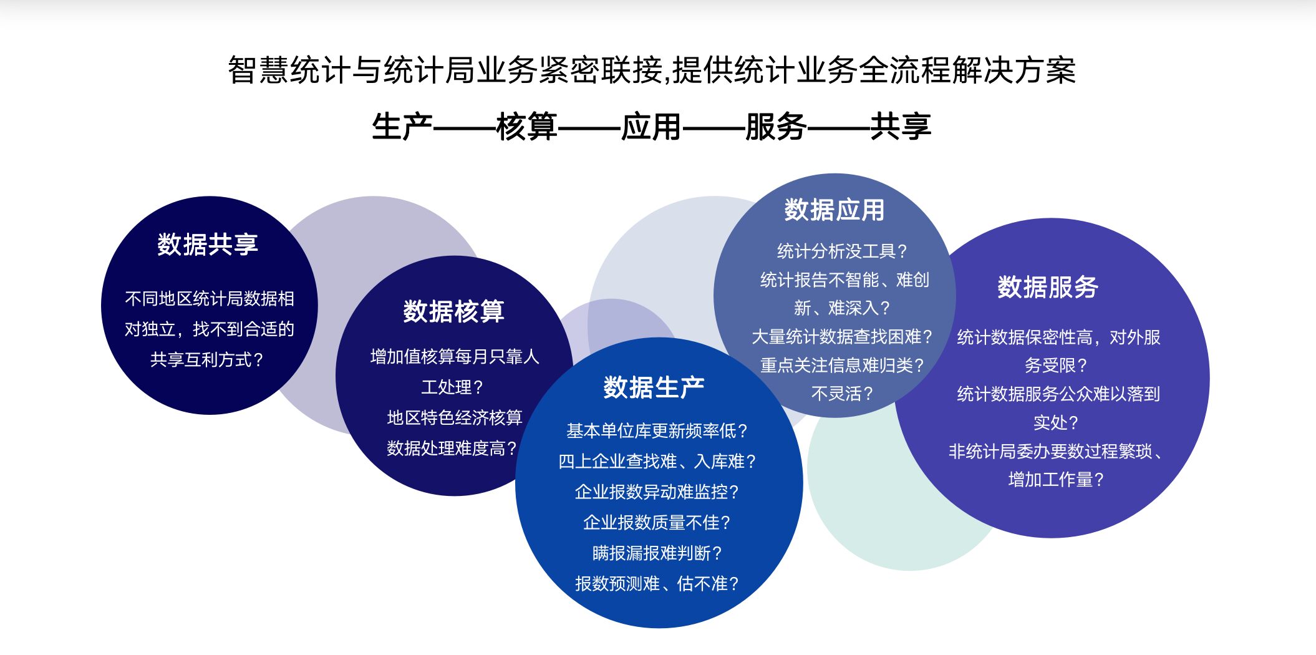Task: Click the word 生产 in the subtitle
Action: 402,127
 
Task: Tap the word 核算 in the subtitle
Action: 527,127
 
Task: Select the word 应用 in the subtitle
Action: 651,127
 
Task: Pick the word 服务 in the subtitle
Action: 776,127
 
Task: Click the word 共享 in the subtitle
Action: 901,127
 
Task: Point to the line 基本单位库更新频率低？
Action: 657,430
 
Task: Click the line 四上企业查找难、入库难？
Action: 657,461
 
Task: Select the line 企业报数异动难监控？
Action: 657,492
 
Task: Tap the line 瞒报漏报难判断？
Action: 657,553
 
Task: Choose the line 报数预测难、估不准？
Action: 657,583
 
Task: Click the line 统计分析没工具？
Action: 842,251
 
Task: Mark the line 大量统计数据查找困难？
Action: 842,336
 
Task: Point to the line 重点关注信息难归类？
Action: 842,365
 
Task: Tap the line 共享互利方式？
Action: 207,359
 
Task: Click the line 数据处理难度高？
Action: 452,448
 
